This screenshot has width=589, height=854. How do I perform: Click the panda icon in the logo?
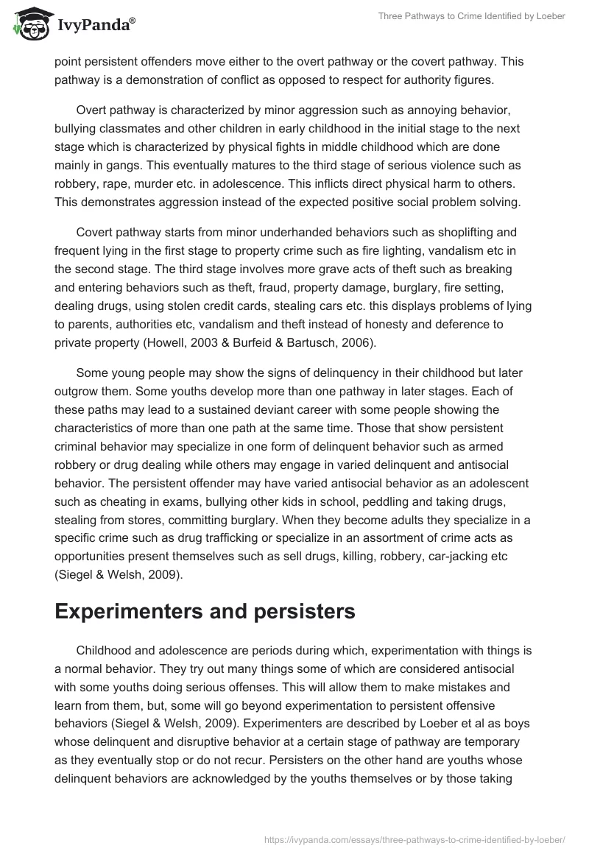(27, 24)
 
